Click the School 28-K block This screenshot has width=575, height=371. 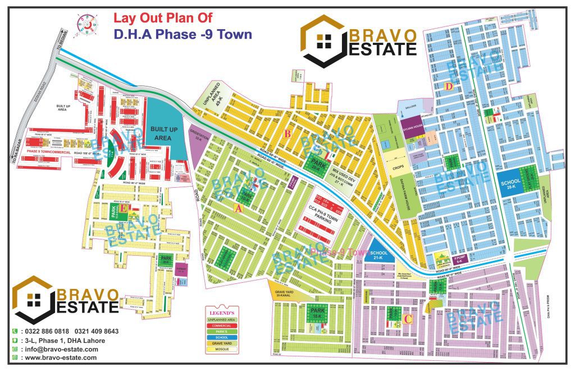tap(510, 184)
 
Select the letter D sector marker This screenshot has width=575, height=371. tap(448, 87)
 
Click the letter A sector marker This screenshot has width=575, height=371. tap(238, 207)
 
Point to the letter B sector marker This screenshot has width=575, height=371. tap(287, 134)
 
